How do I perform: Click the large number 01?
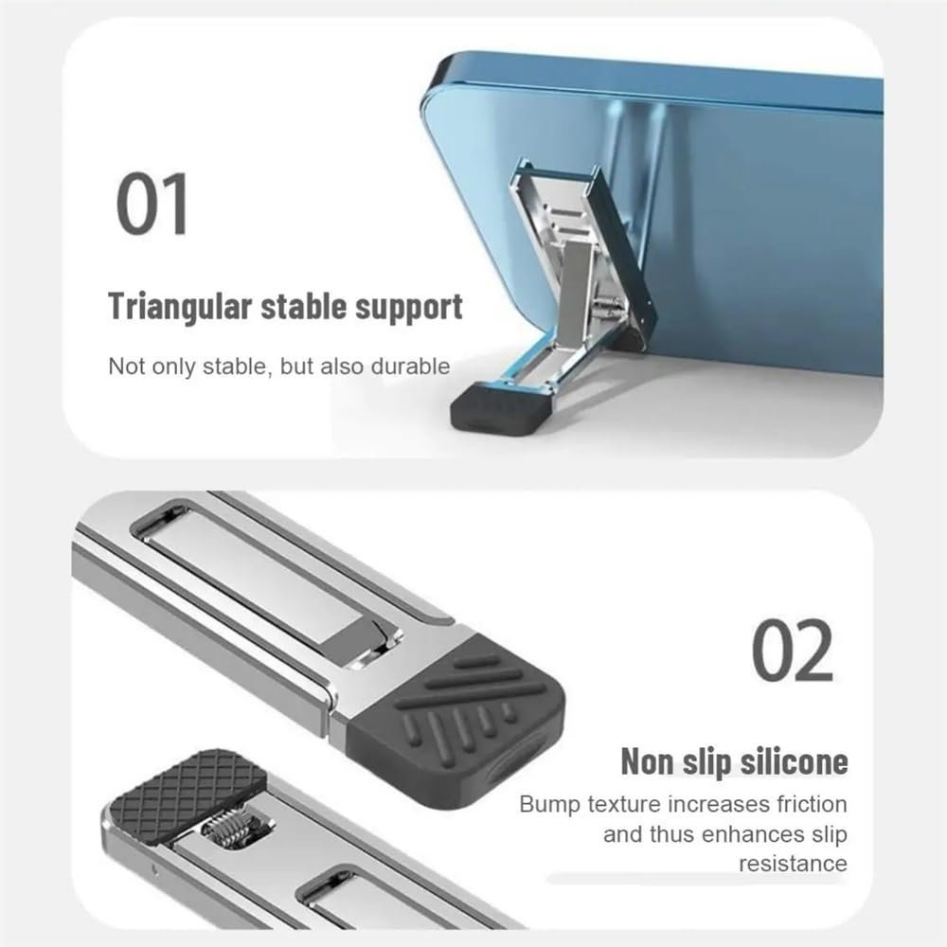(152, 204)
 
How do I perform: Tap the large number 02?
(792, 652)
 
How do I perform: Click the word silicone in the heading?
(794, 761)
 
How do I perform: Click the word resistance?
(793, 864)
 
